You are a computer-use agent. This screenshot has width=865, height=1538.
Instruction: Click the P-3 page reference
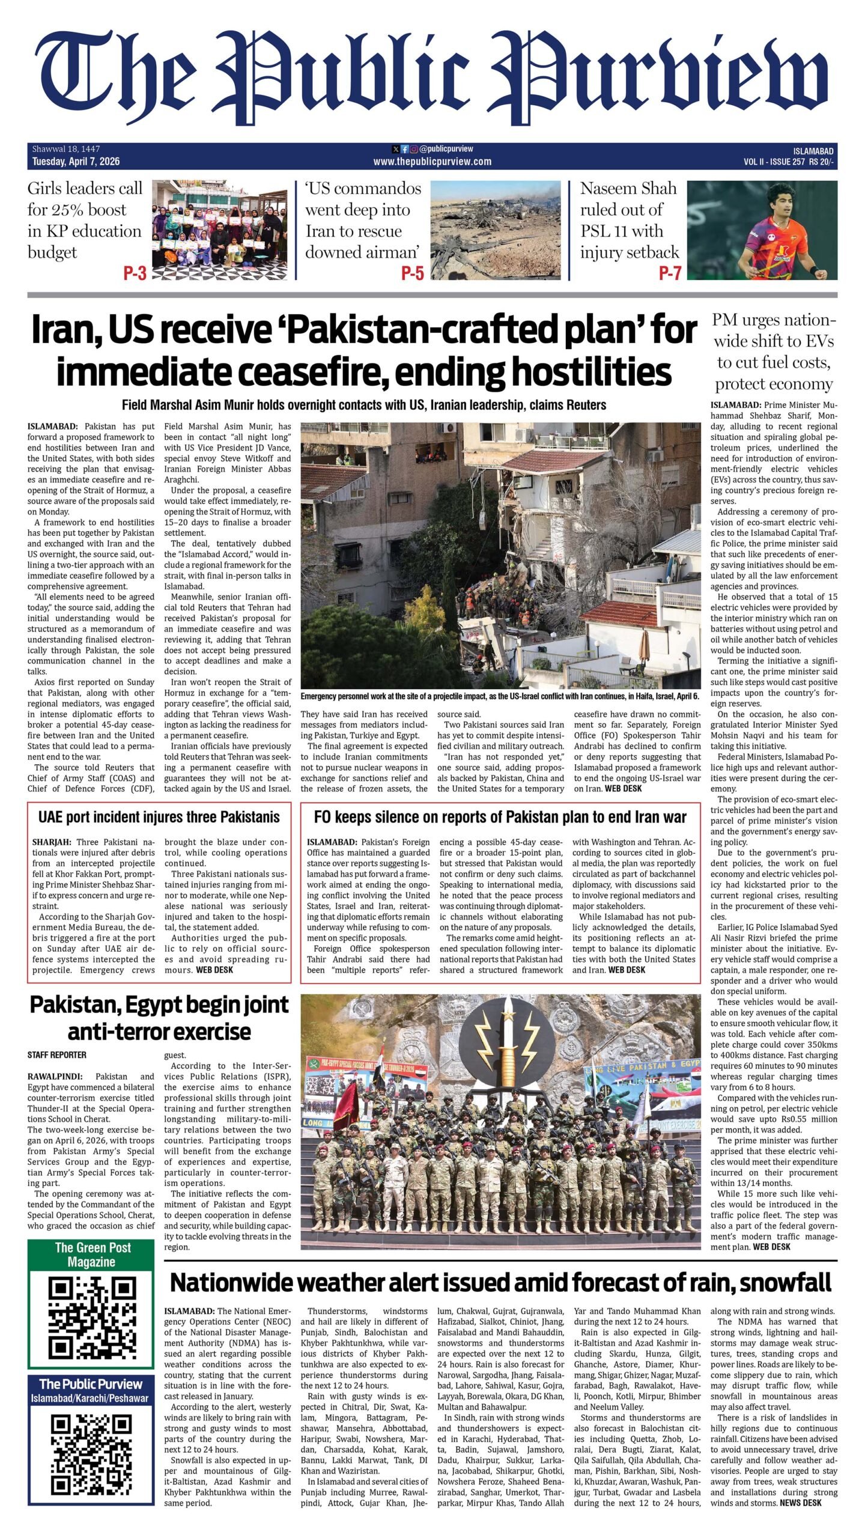pyautogui.click(x=135, y=273)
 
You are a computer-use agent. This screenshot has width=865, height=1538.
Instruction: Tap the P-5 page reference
pyautogui.click(x=412, y=273)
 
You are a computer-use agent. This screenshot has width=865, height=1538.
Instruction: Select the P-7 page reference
pyautogui.click(x=670, y=273)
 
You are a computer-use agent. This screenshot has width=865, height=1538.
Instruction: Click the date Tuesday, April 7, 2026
pyautogui.click(x=76, y=162)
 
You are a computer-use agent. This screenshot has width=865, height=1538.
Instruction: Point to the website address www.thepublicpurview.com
pyautogui.click(x=432, y=162)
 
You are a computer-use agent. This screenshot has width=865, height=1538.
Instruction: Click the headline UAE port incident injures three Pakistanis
pyautogui.click(x=159, y=817)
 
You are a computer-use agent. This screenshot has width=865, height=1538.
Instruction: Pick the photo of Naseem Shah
pyautogui.click(x=762, y=230)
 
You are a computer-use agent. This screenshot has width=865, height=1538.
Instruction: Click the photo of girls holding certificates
pyautogui.click(x=220, y=230)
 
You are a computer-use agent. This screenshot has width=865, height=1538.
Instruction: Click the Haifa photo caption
pyautogui.click(x=500, y=696)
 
